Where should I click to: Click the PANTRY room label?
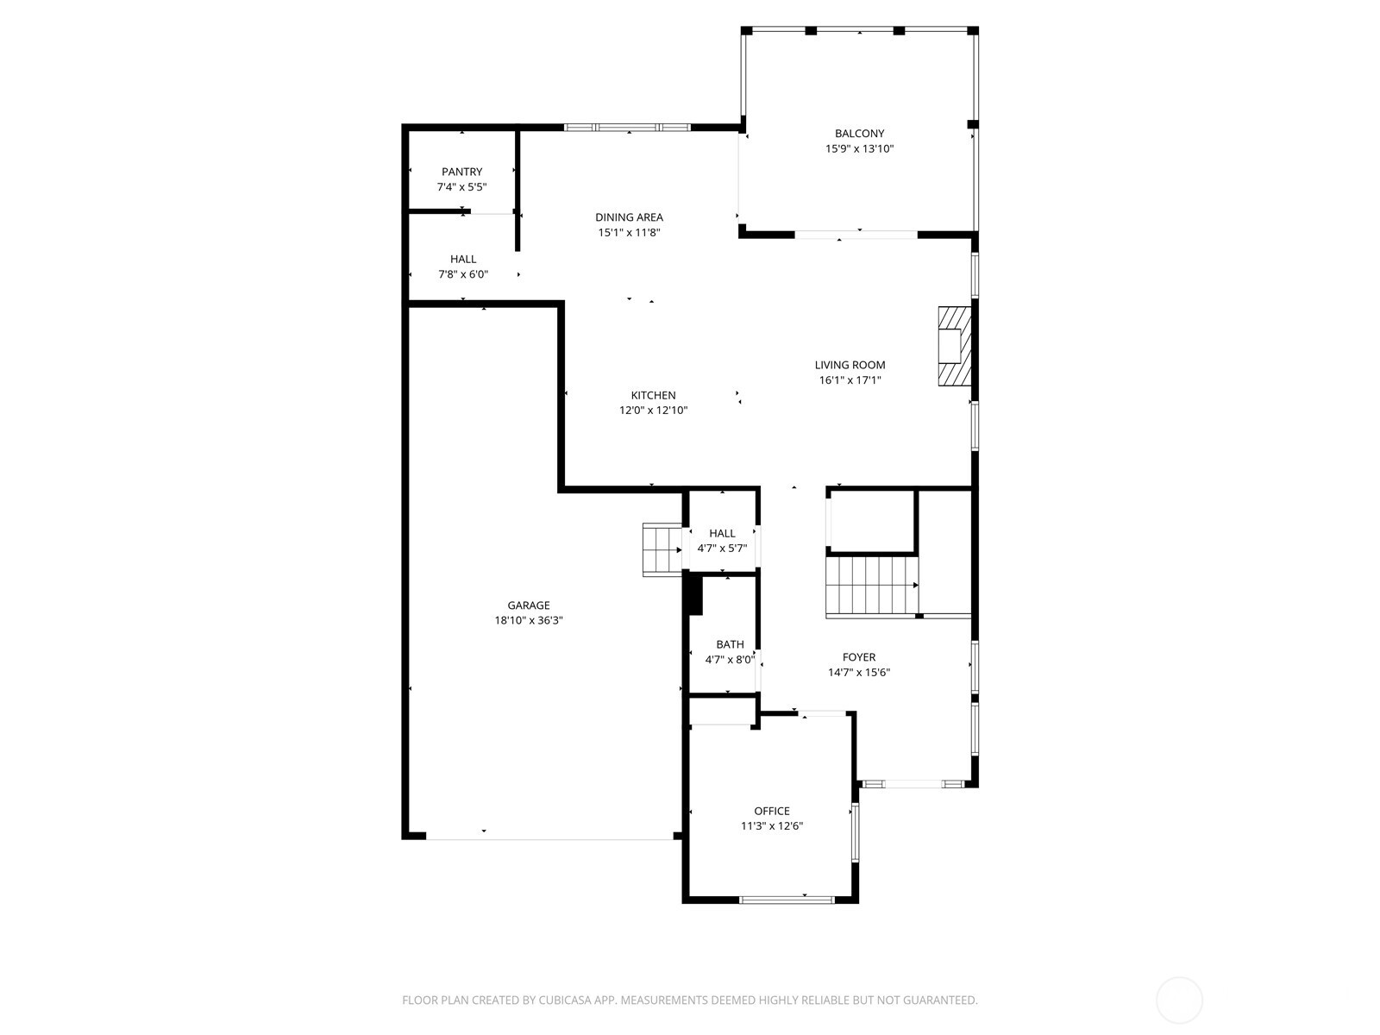point(461,172)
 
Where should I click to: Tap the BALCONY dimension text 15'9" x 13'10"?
point(859,148)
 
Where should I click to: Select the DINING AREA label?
point(629,217)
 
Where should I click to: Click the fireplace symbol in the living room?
point(955,346)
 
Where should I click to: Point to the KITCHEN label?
point(653,395)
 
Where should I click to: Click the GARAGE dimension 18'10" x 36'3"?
point(528,620)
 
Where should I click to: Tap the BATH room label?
point(730,644)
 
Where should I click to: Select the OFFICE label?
point(771,811)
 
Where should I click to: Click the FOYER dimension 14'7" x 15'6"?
point(858,673)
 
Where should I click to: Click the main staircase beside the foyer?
point(871,586)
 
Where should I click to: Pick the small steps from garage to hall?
point(662,549)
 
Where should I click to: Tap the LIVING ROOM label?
point(850,365)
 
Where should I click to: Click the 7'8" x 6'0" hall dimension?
point(462,274)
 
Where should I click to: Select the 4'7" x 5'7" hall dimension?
point(722,548)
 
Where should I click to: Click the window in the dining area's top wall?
point(627,128)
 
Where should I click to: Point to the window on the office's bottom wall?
point(787,900)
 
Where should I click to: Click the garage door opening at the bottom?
point(549,837)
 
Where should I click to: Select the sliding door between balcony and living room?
point(856,234)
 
